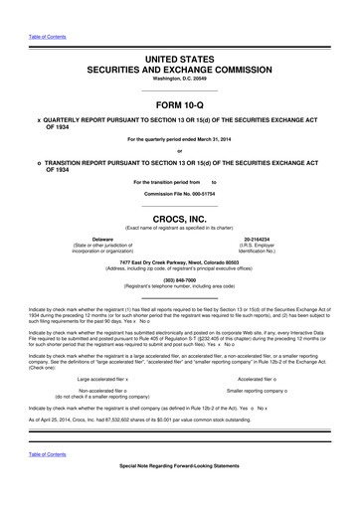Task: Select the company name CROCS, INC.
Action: coord(179,217)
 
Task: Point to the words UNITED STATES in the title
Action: coord(180,33)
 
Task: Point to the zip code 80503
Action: coord(246,261)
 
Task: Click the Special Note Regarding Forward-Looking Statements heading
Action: coord(179,495)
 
